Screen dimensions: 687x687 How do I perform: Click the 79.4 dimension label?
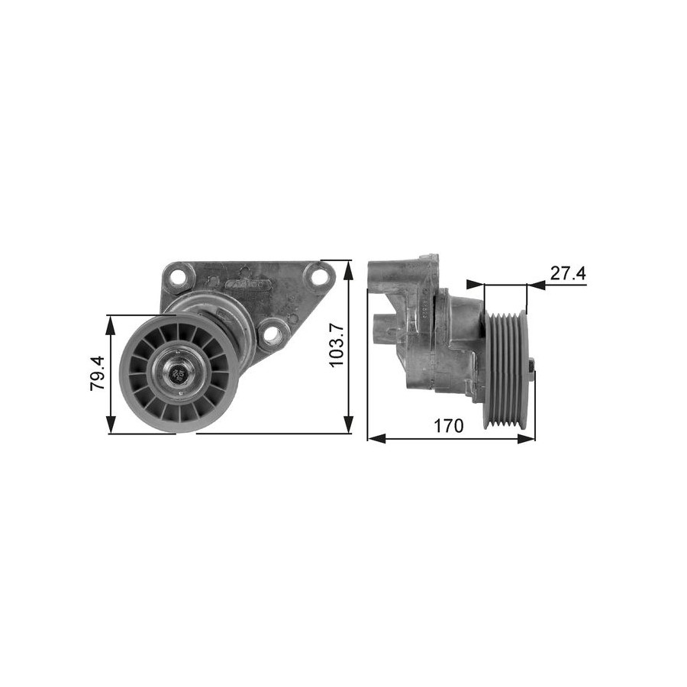pos(97,373)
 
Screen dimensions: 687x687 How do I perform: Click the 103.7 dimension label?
pos(335,346)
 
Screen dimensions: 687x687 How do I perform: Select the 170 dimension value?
pos(448,425)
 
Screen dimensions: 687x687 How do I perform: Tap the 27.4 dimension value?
pos(568,273)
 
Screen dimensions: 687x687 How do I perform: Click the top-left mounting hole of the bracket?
pos(177,276)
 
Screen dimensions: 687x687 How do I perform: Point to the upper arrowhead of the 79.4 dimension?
pos(111,324)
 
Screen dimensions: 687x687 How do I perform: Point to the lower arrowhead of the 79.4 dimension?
pos(111,424)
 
